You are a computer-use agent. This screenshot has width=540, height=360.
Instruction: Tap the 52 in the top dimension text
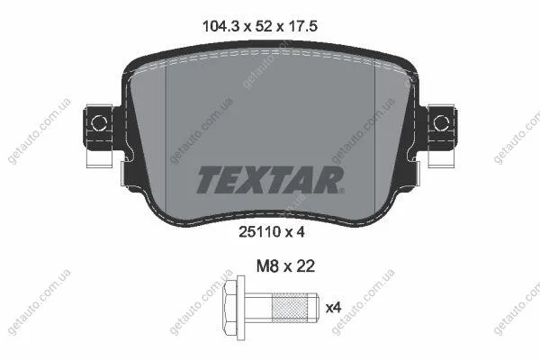264,26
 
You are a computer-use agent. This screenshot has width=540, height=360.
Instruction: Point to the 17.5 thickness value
302,26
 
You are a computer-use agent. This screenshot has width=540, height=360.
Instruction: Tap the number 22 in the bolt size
305,266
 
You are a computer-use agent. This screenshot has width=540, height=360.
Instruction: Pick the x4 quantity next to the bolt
333,308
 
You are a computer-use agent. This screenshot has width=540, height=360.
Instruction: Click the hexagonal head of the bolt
230,308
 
